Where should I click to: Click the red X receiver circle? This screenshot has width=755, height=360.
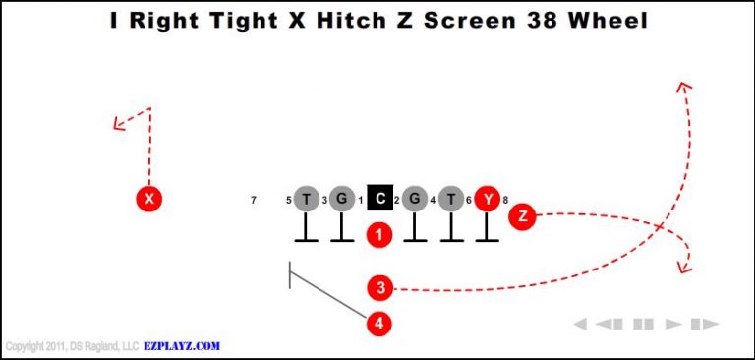click(x=148, y=199)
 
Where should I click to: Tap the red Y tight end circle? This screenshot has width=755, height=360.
click(x=488, y=200)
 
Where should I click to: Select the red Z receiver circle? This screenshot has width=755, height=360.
click(x=522, y=216)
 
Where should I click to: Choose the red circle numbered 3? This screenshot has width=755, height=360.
click(x=380, y=288)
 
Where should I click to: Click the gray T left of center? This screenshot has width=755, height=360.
click(x=307, y=200)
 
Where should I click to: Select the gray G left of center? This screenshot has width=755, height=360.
click(x=341, y=200)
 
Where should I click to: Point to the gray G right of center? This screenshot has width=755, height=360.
click(x=415, y=200)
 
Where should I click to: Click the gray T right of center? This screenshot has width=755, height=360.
click(x=451, y=200)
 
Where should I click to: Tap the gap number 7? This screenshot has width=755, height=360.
click(x=254, y=201)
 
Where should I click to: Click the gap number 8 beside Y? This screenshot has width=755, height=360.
click(x=505, y=201)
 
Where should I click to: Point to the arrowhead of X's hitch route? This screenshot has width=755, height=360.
click(x=117, y=124)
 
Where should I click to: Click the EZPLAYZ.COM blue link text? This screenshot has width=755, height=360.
click(x=182, y=346)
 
